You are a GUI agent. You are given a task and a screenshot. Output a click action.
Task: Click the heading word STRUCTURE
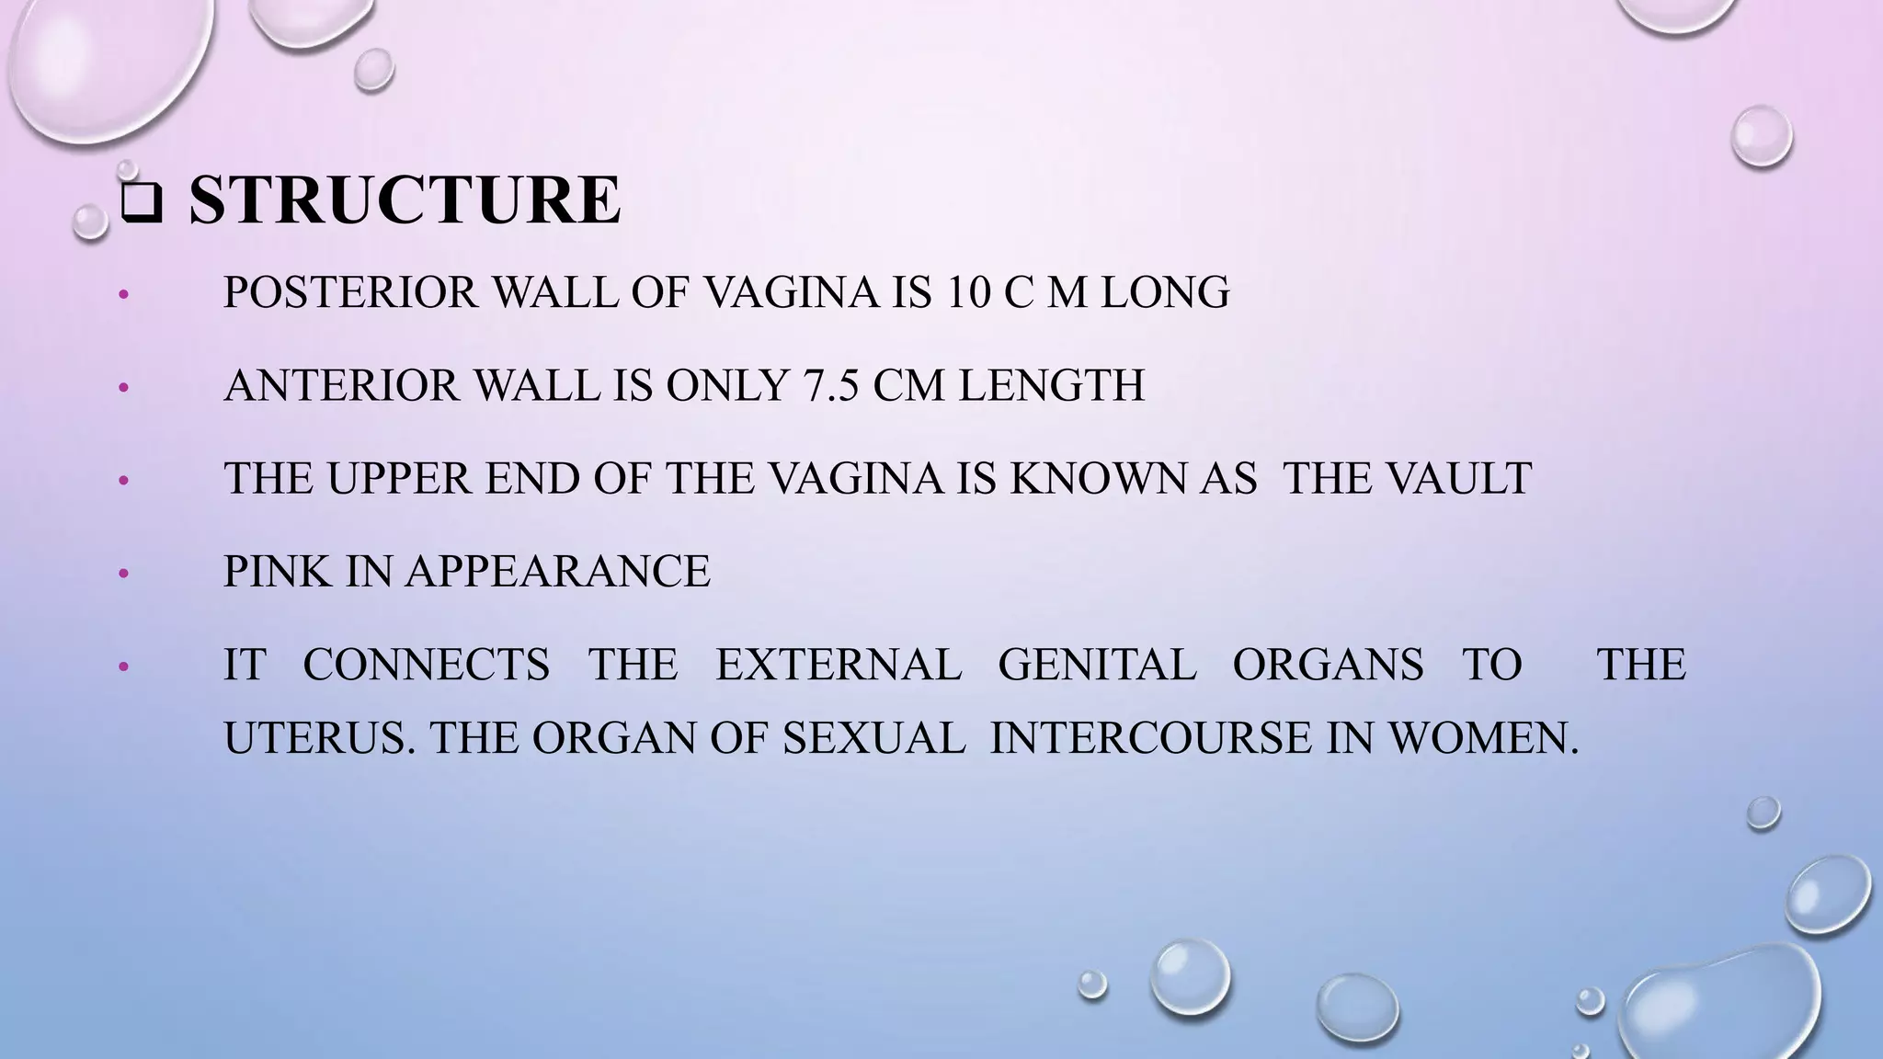coord(405,199)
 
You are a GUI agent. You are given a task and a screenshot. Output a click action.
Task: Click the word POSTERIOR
coord(351,293)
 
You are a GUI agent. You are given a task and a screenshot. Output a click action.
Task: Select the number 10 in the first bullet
coord(952,293)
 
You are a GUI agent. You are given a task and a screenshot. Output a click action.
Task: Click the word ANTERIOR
coord(341,386)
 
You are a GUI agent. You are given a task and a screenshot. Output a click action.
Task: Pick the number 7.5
coord(830,386)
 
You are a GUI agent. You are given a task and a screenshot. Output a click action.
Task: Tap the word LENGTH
coord(1052,386)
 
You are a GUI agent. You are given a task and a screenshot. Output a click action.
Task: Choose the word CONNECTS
coord(427,665)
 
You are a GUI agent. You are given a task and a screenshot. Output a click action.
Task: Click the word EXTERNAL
coord(839,665)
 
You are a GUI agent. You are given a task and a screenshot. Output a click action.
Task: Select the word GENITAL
coord(1097,665)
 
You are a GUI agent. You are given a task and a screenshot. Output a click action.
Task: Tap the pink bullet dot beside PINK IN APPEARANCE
coord(125,575)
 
